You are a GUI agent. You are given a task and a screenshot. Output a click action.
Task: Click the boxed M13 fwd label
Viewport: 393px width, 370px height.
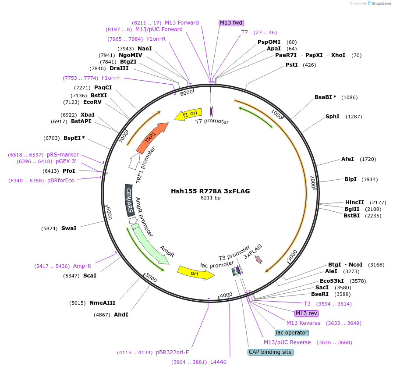point(231,23)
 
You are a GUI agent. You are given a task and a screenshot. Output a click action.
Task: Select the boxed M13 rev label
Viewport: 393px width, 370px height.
point(307,313)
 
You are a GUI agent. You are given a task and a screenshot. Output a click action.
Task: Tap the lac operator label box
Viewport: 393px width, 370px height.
point(292,333)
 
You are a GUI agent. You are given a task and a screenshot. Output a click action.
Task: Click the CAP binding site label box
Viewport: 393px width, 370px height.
point(270,352)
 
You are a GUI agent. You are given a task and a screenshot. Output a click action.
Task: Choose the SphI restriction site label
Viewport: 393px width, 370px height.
point(333,117)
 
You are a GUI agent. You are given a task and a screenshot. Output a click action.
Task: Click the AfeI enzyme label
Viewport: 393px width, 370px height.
point(347,159)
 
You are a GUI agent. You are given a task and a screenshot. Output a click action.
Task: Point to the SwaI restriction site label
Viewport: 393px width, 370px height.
point(69,228)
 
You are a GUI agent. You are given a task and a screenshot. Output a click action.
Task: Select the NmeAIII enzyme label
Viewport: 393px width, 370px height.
point(102,303)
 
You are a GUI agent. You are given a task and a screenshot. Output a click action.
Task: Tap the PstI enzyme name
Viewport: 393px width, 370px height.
point(291,65)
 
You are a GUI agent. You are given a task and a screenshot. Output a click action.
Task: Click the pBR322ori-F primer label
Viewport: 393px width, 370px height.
point(172,352)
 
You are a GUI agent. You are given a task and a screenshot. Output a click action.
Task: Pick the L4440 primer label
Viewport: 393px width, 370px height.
point(218,362)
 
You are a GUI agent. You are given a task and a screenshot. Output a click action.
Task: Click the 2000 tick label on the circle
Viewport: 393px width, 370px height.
point(313,182)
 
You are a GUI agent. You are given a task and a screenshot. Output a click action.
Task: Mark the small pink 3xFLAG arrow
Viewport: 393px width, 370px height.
point(259,260)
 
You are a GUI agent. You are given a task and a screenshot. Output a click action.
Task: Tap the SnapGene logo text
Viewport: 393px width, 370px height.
point(380,4)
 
